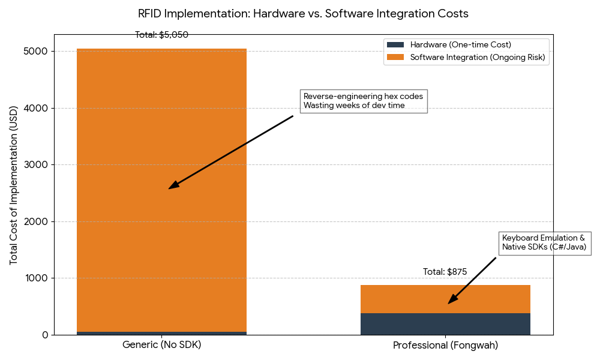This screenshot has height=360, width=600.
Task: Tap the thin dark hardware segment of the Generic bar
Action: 161,333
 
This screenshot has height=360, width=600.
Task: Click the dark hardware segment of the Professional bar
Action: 445,324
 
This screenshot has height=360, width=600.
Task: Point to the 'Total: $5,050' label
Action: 161,35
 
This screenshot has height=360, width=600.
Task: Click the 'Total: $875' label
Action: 445,272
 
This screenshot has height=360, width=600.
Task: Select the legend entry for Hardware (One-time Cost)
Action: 460,45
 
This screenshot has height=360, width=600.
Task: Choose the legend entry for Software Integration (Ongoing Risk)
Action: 478,57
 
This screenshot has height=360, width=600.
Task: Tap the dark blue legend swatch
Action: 395,45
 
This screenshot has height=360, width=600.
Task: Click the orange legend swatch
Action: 395,57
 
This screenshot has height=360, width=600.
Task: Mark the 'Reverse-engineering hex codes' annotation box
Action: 363,101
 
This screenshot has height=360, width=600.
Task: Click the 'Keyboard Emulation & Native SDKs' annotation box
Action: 544,242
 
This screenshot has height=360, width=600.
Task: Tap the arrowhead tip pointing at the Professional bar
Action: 449,303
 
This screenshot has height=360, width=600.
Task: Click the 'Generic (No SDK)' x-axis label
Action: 161,346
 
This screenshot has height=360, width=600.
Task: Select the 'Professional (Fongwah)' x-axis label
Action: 445,346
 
